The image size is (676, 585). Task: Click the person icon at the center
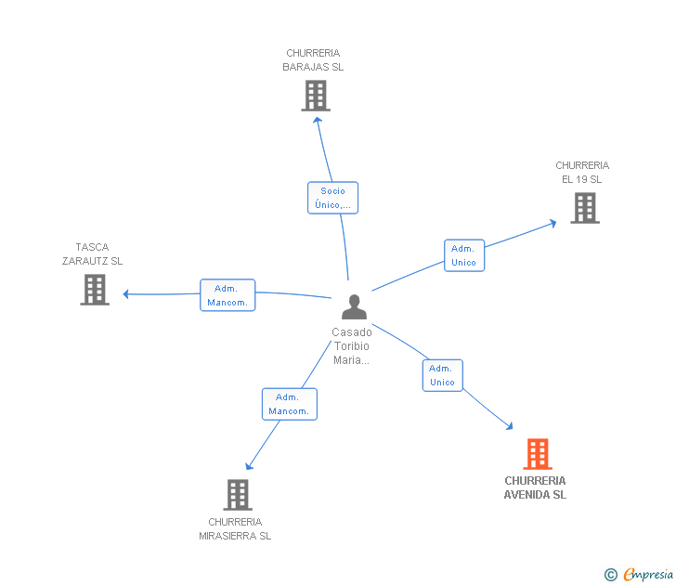(354, 305)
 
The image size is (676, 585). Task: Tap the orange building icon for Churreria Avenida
(538, 454)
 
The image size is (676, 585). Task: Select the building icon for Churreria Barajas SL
(316, 95)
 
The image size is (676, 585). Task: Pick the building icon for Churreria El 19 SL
(585, 208)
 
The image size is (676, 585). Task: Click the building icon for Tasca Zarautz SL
(95, 289)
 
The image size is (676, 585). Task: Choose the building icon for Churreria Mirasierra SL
(238, 494)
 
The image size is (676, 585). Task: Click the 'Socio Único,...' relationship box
(332, 198)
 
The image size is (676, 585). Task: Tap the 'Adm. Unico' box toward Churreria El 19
(463, 255)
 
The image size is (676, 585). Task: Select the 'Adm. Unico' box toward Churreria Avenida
(442, 375)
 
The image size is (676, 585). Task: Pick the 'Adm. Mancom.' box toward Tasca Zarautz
(227, 295)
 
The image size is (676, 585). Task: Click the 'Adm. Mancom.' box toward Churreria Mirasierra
(290, 404)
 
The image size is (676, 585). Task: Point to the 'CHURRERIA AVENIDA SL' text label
(535, 487)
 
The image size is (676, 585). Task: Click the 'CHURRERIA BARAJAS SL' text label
(314, 60)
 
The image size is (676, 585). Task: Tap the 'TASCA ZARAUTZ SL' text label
(92, 254)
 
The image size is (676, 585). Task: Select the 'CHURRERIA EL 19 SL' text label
(582, 173)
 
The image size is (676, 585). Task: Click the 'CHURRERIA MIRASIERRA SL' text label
(235, 528)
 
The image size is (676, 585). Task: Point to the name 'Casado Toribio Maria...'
(352, 345)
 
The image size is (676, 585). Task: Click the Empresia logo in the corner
(647, 575)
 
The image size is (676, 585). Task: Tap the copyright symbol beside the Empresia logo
(611, 575)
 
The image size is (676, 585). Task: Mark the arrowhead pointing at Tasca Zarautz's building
(126, 294)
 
